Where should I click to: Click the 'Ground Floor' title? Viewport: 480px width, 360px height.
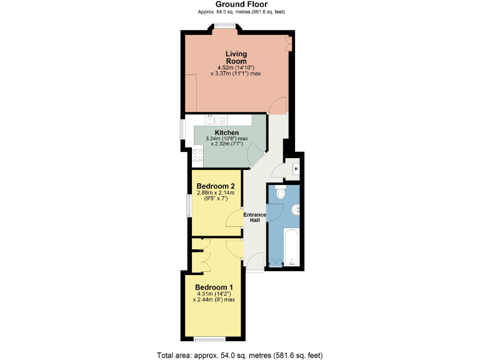coord(239,4)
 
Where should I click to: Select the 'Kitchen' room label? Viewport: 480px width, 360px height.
coord(226,132)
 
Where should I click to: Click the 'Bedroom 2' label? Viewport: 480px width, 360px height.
coord(215,186)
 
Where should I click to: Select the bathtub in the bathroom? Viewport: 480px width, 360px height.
coord(292,247)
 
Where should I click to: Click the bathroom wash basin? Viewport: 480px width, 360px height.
coord(295,209)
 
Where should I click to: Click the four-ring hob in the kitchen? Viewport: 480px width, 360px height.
coord(198,157)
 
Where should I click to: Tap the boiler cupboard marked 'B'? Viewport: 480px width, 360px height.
coord(296,169)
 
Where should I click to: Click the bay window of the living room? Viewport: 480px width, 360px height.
coord(224,26)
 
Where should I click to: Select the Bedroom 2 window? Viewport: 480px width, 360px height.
coord(188,206)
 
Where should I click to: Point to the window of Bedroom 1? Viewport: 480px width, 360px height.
coord(206,339)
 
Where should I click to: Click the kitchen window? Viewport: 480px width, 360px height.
coord(182,132)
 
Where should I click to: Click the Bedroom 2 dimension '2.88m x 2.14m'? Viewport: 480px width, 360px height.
coord(215,193)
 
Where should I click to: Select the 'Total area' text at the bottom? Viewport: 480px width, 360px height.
coord(239,355)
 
